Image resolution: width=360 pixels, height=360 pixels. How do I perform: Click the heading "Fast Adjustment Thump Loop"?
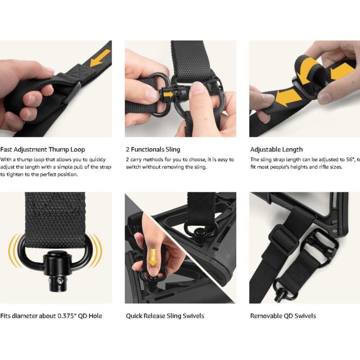[43, 149]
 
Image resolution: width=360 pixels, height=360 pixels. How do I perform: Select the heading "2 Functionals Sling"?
[153, 149]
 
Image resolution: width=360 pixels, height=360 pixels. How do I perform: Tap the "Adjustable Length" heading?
[276, 149]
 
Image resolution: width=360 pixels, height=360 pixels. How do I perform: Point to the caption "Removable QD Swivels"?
[283, 316]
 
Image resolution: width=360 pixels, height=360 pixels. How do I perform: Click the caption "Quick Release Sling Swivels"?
[165, 316]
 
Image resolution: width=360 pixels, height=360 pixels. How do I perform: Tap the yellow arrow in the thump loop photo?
[100, 58]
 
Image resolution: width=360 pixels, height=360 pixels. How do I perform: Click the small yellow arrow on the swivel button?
[170, 94]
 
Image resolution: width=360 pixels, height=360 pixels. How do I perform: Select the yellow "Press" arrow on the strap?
[153, 257]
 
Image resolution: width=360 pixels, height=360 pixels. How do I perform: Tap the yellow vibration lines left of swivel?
[15, 250]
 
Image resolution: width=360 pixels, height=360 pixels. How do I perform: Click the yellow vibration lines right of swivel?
[96, 250]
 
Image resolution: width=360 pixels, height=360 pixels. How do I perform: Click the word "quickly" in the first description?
[97, 160]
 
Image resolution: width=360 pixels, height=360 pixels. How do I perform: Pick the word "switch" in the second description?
[133, 167]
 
